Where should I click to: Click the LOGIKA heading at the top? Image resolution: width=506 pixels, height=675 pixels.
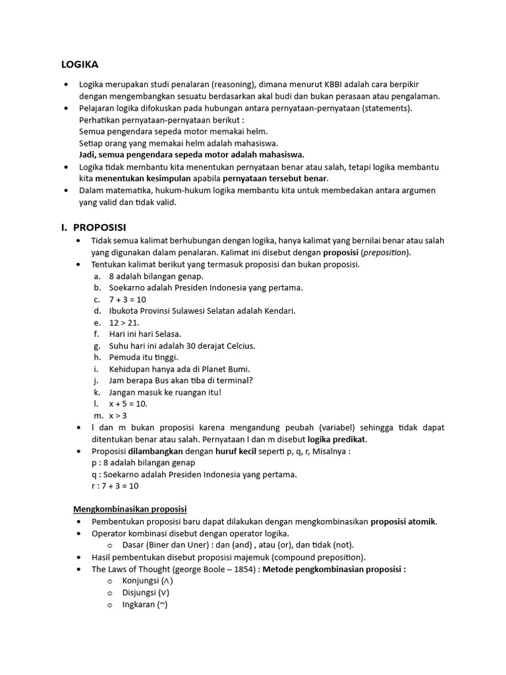[x=80, y=65]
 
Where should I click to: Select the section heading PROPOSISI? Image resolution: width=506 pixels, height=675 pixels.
[x=99, y=227]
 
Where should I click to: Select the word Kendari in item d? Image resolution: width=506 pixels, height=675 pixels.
[x=278, y=310]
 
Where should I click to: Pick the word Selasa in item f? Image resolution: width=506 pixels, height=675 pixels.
[x=164, y=334]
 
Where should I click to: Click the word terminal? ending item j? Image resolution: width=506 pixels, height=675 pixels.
[x=233, y=380]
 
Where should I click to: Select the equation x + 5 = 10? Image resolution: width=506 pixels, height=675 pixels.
[x=128, y=403]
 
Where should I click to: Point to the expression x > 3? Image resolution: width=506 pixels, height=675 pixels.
[x=118, y=415]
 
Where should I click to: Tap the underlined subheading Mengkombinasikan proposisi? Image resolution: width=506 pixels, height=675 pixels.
[x=129, y=509]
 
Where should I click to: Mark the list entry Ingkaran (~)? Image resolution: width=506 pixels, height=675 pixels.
[x=145, y=604]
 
